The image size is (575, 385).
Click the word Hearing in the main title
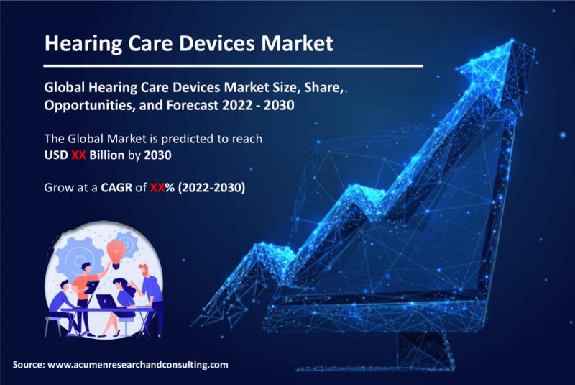[83, 44]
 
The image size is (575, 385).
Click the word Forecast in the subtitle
[193, 105]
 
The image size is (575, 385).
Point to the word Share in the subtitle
[322, 88]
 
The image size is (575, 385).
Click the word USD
[56, 155]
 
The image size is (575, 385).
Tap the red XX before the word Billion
[78, 155]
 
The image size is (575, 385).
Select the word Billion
[106, 155]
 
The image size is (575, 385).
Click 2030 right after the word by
[157, 155]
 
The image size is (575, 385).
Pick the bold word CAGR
[116, 188]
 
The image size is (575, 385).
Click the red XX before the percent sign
[157, 188]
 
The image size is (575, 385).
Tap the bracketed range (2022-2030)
[211, 188]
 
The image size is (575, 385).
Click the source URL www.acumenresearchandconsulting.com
[138, 365]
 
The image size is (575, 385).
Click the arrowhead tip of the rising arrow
[512, 40]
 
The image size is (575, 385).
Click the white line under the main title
[233, 66]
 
